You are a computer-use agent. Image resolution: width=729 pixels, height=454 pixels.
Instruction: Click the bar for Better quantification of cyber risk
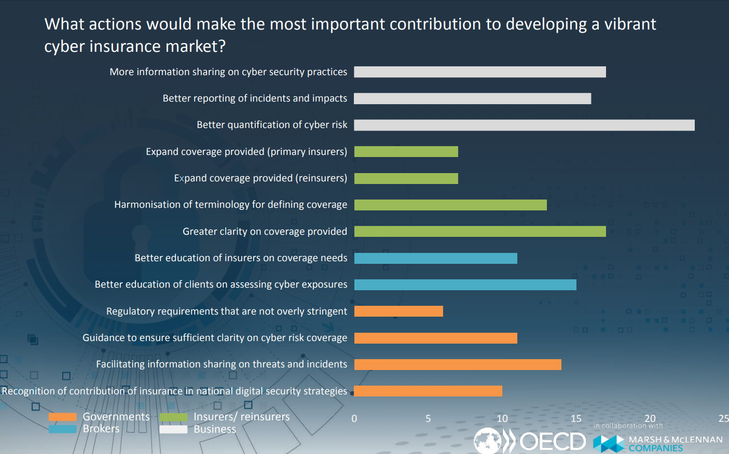pos(524,125)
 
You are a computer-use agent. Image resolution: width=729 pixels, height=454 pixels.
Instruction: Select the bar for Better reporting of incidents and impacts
pos(472,98)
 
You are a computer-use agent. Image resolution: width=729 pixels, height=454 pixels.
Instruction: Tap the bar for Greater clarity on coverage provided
pos(480,231)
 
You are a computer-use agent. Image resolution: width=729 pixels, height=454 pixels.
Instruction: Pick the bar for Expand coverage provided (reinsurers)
pos(406,178)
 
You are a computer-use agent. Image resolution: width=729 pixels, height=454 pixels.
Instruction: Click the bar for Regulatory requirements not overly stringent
pos(398,311)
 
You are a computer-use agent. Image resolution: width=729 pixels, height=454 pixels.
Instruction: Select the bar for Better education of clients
pos(465,285)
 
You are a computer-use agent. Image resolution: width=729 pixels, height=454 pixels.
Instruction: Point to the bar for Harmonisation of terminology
pos(450,205)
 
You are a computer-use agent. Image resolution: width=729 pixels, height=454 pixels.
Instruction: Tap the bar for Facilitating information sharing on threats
pos(458,364)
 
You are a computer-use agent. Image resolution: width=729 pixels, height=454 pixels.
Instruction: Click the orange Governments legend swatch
pos(62,417)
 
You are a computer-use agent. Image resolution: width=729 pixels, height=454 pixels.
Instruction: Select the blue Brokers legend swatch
pos(62,429)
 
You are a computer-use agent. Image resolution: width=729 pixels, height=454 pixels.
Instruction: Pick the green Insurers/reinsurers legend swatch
pos(173,417)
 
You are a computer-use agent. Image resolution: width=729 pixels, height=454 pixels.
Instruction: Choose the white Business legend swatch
pos(173,429)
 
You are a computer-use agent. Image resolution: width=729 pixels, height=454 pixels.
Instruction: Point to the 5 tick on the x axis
pos(428,419)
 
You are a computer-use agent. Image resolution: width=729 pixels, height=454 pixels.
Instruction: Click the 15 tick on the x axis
pos(576,419)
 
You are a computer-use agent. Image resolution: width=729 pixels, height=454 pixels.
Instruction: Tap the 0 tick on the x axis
pos(354,419)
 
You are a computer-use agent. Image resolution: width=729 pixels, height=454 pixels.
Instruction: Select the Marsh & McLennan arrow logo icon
pos(609,444)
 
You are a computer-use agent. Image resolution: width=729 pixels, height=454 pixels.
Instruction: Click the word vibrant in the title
pos(630,24)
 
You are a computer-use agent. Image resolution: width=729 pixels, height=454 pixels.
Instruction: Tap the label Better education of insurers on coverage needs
pos(241,258)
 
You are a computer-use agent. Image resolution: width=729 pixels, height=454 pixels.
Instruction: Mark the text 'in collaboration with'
pos(628,426)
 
